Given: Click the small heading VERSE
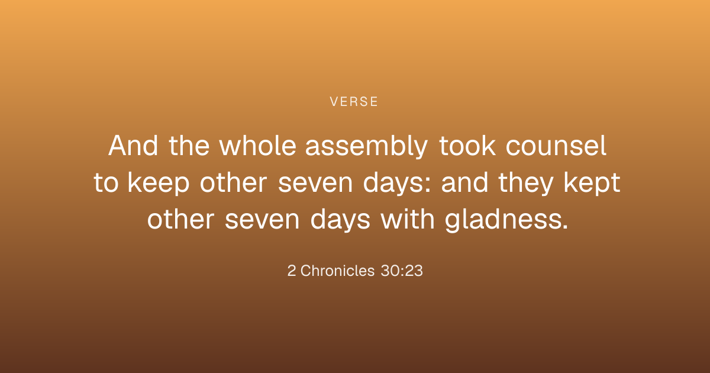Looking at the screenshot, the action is (354, 102).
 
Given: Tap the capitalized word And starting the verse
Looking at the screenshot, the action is (133, 146).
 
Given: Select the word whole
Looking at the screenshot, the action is (257, 146).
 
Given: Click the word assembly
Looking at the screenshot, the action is (366, 147).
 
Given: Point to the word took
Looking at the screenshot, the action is (467, 146).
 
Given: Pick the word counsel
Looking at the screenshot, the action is (556, 146).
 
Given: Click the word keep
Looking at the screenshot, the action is (159, 184).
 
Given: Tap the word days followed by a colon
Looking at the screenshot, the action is (397, 184).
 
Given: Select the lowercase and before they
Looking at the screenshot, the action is (464, 182).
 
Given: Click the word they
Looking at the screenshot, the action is (526, 184).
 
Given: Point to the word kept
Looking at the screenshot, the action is (592, 184).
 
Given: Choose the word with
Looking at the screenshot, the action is (407, 219).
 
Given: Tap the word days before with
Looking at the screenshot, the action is (340, 220).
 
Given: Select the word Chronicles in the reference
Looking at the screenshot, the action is (338, 271).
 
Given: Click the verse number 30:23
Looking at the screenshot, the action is (402, 271).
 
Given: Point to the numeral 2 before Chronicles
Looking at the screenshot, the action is (292, 271).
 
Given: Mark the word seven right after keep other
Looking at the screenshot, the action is (315, 185).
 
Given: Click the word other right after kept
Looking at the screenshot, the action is (180, 219).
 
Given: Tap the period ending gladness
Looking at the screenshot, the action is (565, 226).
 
